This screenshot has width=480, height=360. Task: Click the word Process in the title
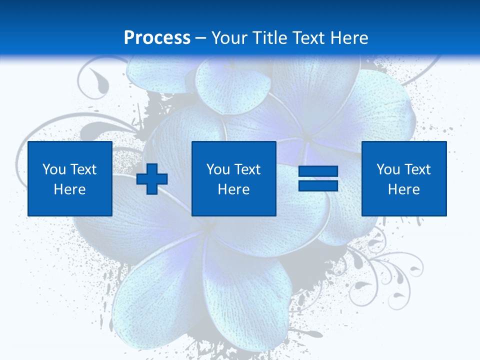157,37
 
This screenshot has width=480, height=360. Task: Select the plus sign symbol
152,179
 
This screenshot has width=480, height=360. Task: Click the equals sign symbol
318,179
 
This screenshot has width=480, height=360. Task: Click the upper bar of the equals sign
318,171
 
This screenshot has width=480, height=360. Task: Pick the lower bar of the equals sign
318,185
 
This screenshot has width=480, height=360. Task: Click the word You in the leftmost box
54,169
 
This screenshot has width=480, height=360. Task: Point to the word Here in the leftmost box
70,189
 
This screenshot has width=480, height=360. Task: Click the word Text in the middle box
247,169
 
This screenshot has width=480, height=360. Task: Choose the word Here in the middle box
234,189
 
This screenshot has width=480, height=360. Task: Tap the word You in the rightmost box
388,169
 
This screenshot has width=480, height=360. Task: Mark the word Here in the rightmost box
404,189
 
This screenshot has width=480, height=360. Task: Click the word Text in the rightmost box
417,169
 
